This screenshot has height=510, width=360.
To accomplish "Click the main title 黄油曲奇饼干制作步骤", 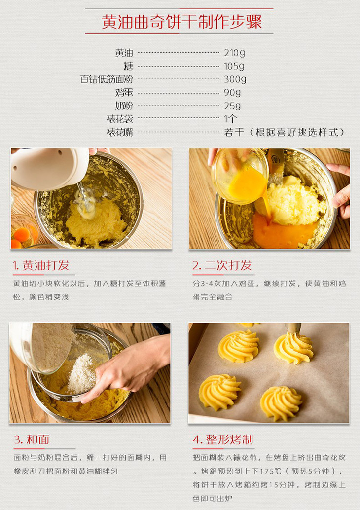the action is [182, 22].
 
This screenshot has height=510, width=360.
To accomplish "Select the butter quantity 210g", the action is [234, 53].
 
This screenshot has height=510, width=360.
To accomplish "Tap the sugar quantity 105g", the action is [234, 66].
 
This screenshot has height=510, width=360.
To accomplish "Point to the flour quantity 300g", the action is [235, 79].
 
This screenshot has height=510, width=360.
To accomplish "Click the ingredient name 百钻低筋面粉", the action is [107, 79].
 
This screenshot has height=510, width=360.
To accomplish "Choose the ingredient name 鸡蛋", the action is [124, 92].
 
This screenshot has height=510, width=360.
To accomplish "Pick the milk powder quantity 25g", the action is [232, 106].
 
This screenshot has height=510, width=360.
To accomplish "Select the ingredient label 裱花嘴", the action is [120, 132].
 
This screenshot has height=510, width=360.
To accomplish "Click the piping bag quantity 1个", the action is [231, 119].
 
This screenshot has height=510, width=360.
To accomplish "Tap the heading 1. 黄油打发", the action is [41, 266].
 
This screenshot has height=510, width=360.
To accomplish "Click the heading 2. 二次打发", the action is [222, 266].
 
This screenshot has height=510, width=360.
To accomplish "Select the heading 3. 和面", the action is [32, 440].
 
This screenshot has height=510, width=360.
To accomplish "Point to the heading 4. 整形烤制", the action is [223, 440].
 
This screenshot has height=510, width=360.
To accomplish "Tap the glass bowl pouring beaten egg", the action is [240, 176].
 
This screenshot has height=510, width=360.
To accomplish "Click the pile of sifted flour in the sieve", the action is [81, 374].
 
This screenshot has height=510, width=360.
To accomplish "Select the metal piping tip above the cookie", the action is [293, 328].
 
